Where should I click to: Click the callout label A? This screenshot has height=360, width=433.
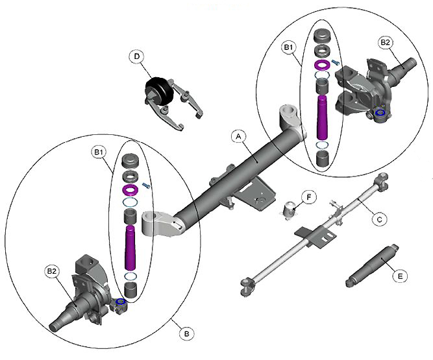(x=238, y=137)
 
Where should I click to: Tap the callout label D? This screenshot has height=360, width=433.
(x=137, y=56)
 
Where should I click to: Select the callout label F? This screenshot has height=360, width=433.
(x=309, y=195)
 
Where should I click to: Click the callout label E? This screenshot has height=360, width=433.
(x=401, y=276)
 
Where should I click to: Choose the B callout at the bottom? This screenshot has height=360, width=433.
(x=186, y=333)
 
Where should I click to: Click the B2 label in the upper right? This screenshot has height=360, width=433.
(x=385, y=43)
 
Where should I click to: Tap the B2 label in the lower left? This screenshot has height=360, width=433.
(x=51, y=270)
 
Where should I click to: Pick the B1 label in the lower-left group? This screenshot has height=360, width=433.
(x=99, y=152)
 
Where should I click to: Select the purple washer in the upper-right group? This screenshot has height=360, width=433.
(x=322, y=66)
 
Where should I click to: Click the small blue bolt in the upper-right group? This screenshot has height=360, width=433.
(x=336, y=62)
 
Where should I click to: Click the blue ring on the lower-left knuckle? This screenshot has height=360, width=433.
(x=120, y=302)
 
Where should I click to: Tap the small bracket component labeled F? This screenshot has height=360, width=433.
(x=291, y=210)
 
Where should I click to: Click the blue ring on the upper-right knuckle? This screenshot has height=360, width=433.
(x=380, y=114)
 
